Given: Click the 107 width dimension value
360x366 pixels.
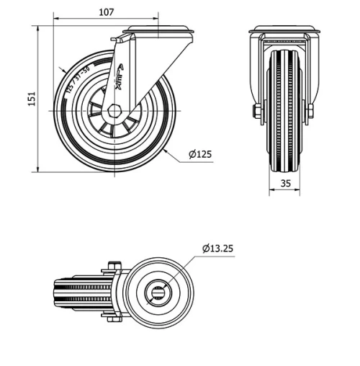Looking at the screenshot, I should tap(106, 12).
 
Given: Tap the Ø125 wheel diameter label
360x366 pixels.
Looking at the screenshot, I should tap(199, 153).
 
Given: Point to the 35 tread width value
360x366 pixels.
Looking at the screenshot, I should tap(285, 184).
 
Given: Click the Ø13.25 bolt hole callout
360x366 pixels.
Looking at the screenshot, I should tap(217, 249).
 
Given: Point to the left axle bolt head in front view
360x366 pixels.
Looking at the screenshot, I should tap(256, 111).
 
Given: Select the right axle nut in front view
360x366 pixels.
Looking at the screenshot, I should tap(311, 111).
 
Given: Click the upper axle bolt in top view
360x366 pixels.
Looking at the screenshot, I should tap(112, 267).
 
